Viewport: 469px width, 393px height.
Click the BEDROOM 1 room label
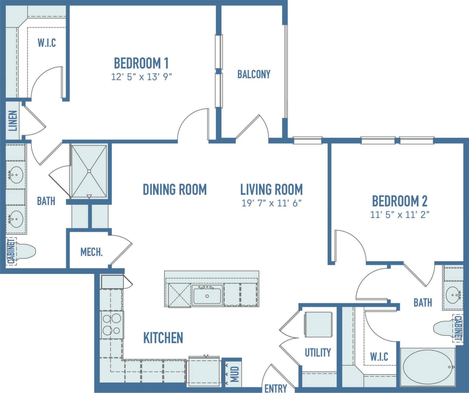tap(141, 63)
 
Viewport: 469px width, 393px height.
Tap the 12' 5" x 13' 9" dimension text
tap(141, 77)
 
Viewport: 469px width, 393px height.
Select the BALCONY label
tap(254, 74)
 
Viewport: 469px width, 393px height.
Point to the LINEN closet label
tap(13, 121)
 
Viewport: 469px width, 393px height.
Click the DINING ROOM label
tap(174, 190)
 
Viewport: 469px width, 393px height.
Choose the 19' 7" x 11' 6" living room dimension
tap(271, 203)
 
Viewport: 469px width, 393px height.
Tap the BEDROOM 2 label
tap(399, 201)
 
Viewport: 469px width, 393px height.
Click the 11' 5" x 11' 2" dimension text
tap(399, 214)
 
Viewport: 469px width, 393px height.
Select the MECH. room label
tap(91, 252)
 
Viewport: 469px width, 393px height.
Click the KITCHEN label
tap(163, 338)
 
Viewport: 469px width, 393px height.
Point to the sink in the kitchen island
tap(207, 296)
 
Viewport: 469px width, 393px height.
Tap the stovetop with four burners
tap(112, 325)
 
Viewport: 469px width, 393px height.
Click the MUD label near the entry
tap(234, 374)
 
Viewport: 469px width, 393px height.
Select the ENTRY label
tap(276, 388)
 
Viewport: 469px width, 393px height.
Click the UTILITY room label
tap(318, 352)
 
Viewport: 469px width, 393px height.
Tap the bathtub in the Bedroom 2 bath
tap(428, 367)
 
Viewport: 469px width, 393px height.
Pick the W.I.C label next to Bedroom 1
tap(47, 43)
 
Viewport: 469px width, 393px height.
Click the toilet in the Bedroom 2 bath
tap(444, 328)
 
